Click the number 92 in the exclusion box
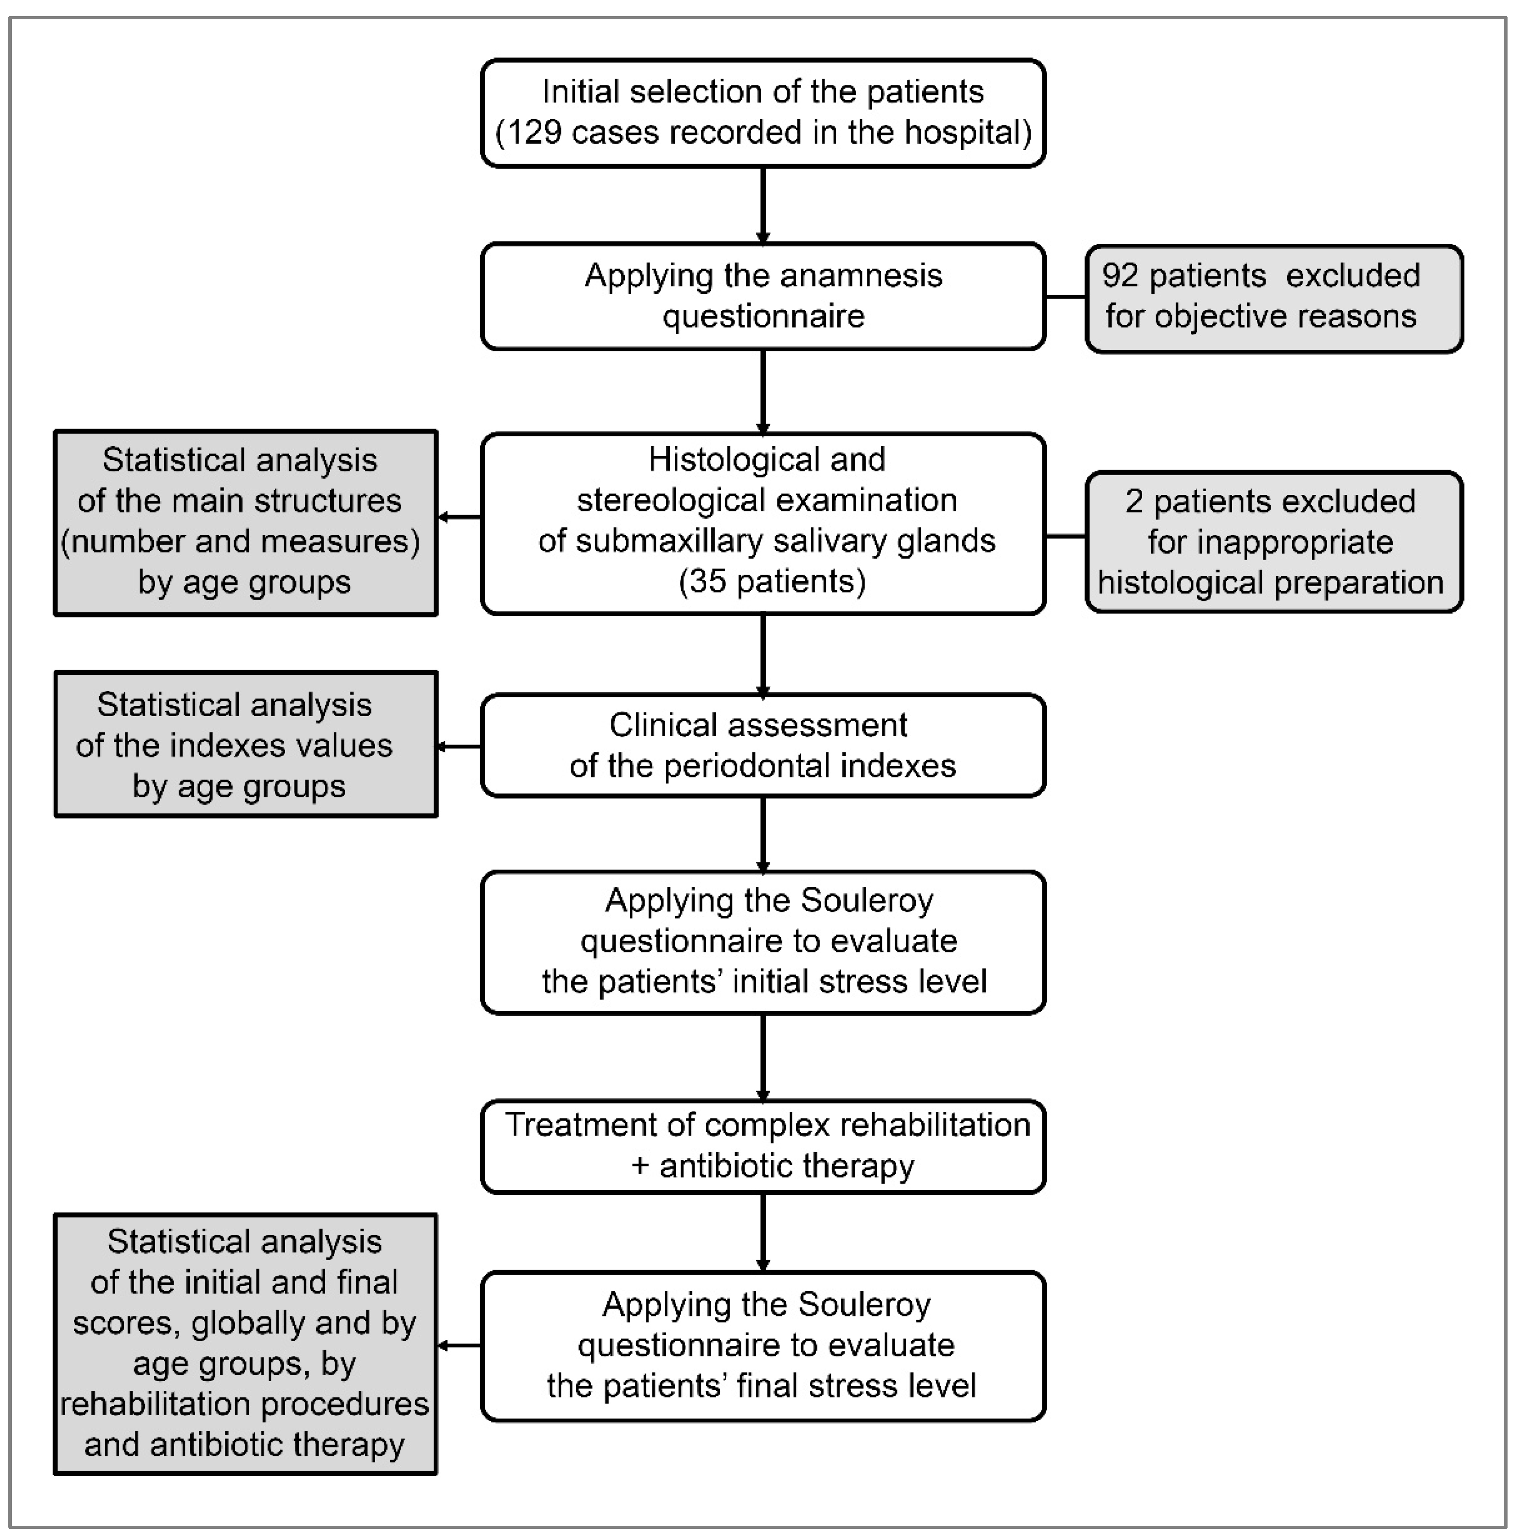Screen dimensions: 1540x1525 coord(1119,276)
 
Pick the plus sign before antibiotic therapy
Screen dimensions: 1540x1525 coord(640,1166)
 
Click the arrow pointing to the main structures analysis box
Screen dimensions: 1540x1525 coord(459,517)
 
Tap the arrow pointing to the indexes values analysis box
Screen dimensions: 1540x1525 coord(459,747)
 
